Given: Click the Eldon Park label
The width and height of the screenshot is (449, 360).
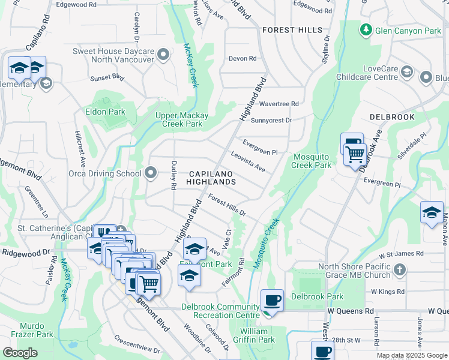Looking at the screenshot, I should click(x=105, y=112).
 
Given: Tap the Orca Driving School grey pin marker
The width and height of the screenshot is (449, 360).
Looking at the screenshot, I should click(x=151, y=173).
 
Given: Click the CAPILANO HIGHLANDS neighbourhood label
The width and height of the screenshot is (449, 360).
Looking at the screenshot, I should click(x=211, y=177).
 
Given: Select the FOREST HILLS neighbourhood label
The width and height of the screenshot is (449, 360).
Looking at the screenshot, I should click(x=292, y=30).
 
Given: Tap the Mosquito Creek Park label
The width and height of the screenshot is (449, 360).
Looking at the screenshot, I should click(x=312, y=161).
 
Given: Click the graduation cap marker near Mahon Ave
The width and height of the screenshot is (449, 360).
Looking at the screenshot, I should click(x=432, y=212).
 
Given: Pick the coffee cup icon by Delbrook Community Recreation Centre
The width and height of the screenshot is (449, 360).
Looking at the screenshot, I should click(x=273, y=300).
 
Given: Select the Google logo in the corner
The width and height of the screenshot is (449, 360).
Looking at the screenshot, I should click(x=20, y=353).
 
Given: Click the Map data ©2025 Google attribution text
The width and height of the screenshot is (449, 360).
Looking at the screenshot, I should click(x=411, y=355).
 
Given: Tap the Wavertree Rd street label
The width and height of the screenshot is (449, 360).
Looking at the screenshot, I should click(x=279, y=104).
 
